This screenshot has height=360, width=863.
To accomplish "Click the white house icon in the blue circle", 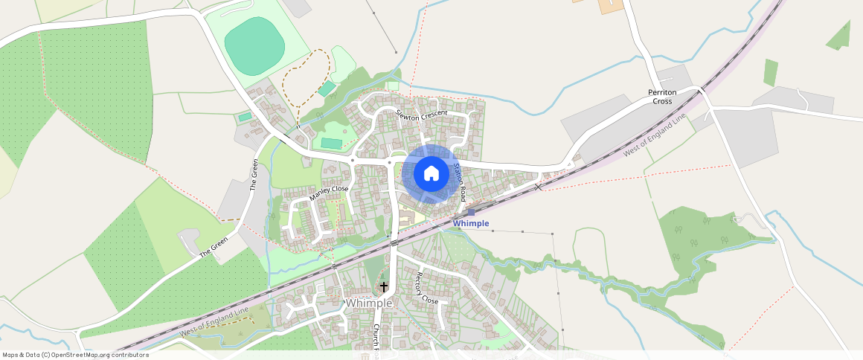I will (431, 173).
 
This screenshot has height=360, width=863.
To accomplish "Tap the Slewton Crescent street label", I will (422, 115).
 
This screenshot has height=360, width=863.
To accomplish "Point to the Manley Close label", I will (329, 194).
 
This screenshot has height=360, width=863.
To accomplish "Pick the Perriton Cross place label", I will (661, 97).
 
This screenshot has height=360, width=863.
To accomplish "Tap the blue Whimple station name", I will (471, 223).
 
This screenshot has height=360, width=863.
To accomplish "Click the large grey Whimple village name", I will (368, 303).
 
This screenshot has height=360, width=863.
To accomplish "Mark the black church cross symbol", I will (384, 286).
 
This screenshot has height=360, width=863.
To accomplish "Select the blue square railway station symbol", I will (471, 212).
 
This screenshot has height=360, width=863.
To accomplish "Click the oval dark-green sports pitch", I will (254, 46).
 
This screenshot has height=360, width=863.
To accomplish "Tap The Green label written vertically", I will (254, 176).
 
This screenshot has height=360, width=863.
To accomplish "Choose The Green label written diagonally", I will (214, 246).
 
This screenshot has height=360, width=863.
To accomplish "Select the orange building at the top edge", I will (610, 6).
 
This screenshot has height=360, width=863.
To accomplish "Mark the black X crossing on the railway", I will (538, 187).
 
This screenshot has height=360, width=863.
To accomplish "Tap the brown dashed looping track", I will (301, 82).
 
